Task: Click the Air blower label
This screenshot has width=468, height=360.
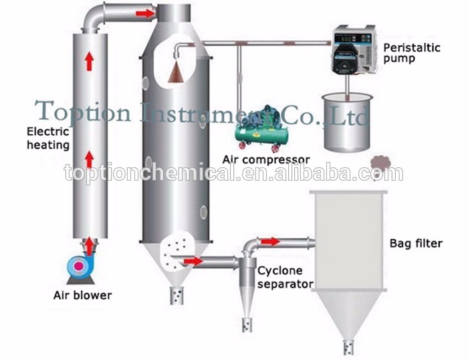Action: coord(83,295)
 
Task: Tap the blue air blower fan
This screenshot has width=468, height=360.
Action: coord(80,266)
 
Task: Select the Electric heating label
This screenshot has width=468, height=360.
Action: coord(48,138)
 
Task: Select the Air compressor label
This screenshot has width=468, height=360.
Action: coord(266,160)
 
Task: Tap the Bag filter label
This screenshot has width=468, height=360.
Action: coord(415,244)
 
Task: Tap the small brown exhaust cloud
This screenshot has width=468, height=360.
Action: coord(381,163)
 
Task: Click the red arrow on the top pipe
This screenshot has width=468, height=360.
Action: coord(144,13)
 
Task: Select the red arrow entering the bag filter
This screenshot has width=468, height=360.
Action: coord(271,242)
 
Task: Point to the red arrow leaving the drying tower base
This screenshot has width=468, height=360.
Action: coord(193,261)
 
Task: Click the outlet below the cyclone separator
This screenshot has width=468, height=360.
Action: coord(247,325)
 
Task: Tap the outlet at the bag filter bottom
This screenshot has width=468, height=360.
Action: coord(348,345)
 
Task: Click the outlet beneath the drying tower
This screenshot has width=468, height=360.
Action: coord(177,295)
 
